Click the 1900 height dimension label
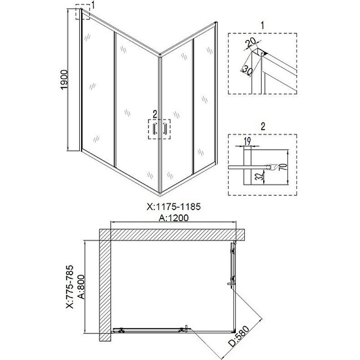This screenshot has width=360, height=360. coord(64,80)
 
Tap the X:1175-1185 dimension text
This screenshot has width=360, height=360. coord(174,207)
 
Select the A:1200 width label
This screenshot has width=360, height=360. coord(174,218)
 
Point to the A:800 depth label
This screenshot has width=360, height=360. coord(81,287)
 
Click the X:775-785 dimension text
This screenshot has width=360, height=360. coord(70,287)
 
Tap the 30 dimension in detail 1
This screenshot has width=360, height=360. coord(247,70)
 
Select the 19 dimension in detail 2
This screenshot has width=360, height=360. coord(247,141)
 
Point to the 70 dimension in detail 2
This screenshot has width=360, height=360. coord(284,166)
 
